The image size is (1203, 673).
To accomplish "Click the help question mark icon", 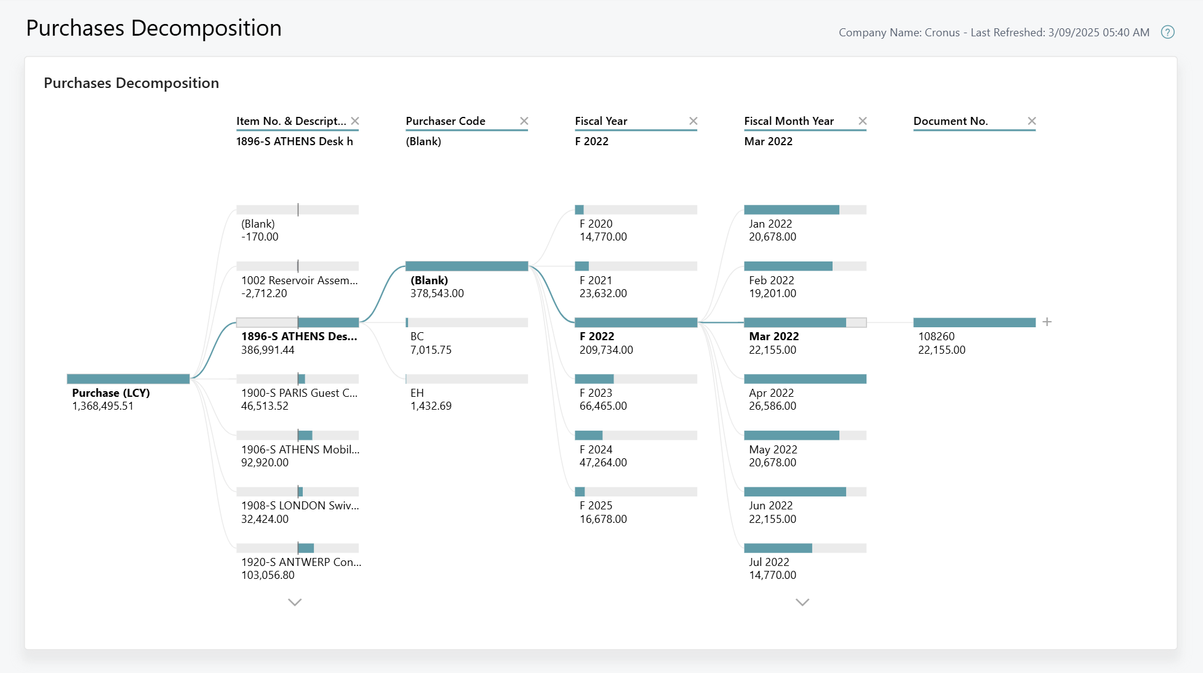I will (x=1167, y=32).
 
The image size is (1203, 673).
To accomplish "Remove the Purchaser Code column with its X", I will (x=524, y=121).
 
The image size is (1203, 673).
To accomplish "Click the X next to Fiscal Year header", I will (x=693, y=121).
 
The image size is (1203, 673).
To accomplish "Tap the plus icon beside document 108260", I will (x=1047, y=322).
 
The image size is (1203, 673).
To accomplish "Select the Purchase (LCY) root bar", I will (x=128, y=379).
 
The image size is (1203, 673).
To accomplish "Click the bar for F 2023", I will (x=636, y=379).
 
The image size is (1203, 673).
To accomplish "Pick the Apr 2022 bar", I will (x=805, y=379).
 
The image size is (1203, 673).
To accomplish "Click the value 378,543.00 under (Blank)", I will (x=437, y=293).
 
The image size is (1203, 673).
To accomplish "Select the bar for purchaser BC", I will (x=466, y=322).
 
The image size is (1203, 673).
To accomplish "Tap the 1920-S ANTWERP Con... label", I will (x=301, y=562).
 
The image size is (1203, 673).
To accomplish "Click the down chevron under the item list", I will (x=295, y=602).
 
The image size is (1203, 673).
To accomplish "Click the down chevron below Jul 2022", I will (x=802, y=602).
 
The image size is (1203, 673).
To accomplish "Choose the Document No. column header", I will (x=950, y=121).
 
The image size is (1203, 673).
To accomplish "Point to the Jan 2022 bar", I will (x=805, y=210).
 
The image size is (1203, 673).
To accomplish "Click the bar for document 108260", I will (x=974, y=322).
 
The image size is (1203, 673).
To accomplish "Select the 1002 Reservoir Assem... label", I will (x=299, y=281).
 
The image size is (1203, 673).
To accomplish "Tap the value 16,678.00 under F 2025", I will (x=603, y=519).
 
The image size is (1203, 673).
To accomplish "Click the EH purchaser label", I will (x=417, y=392).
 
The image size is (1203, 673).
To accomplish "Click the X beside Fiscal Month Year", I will (x=863, y=121).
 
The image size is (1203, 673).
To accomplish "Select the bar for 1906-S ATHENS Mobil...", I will (x=298, y=436).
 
